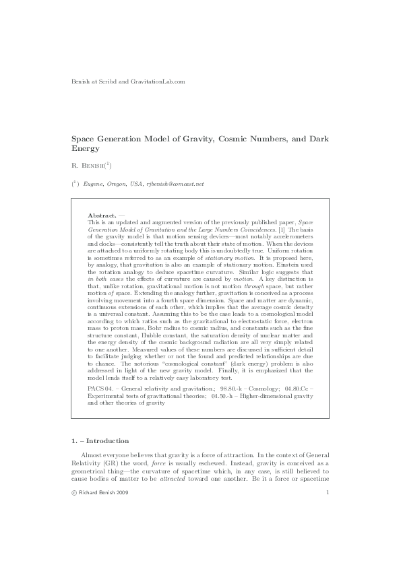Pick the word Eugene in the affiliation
click(94, 182)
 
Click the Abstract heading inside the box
click(102, 215)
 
